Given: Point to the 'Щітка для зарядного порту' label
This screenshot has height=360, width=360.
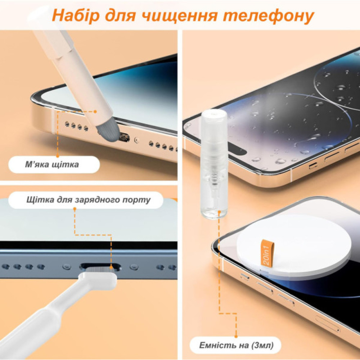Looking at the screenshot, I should click(x=88, y=199).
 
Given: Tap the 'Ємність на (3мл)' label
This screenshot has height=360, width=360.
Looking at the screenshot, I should click(x=236, y=346).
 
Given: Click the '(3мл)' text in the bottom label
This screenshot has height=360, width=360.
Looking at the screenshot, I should click(x=262, y=346).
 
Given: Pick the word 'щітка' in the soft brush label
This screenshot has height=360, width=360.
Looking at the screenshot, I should click(x=67, y=165).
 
